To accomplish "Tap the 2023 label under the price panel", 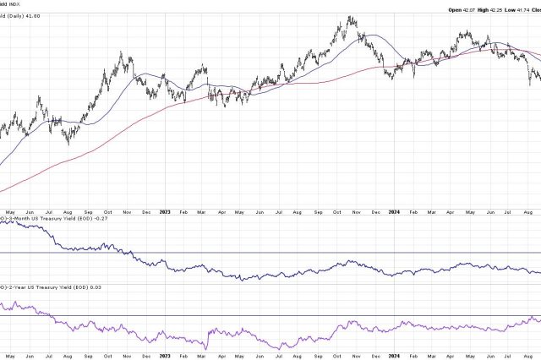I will pos(166,211).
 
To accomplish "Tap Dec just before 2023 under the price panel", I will pos(146,211).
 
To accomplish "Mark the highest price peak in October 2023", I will pos(350,17).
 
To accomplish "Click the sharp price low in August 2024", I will pos(531,85).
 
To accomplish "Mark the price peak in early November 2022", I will pos(122,53).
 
